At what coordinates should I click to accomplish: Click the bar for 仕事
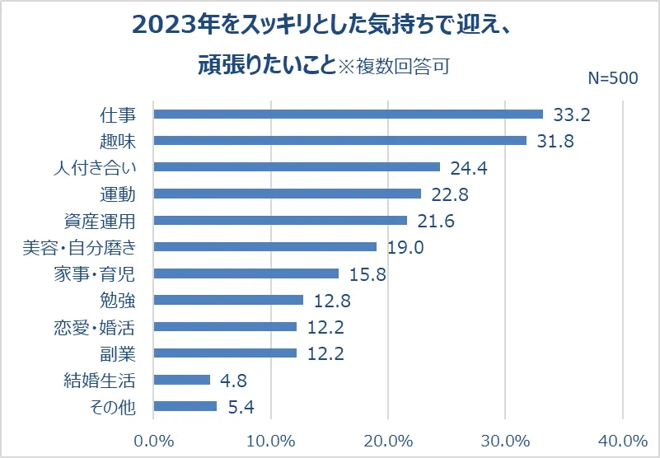coord(348,114)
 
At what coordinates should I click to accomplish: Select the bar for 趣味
coord(340,140)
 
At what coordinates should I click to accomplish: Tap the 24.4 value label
coord(469,168)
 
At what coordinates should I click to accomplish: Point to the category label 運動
coord(118,194)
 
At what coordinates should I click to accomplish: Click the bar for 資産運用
coord(280,220)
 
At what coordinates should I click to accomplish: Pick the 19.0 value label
coord(405,247)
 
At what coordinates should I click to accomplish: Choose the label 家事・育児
coord(95,274)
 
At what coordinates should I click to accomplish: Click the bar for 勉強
coord(228,300)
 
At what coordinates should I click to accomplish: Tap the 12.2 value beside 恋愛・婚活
coord(325,327)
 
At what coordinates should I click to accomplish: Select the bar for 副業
coord(225,353)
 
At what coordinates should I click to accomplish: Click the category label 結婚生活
coord(100,381)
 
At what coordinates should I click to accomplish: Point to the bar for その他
coord(185,406)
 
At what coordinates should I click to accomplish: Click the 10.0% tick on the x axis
coord(270,441)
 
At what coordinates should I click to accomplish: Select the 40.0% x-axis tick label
coord(623,441)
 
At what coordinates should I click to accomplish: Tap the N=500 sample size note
coord(613,78)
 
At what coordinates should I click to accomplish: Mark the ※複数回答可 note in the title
coord(394,67)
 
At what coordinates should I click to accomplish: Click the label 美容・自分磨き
coord(80,248)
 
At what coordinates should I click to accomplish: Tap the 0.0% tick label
coord(153,441)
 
